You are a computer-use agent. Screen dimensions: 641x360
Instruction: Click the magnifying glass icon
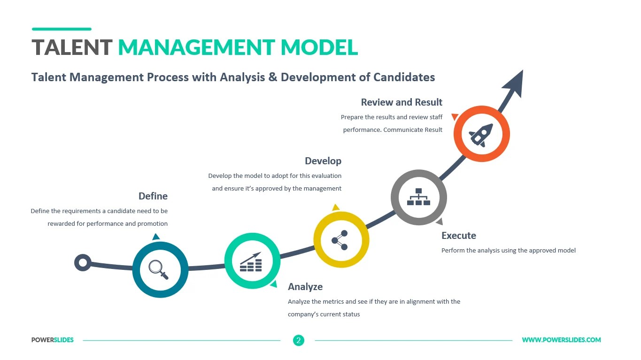point(158,269)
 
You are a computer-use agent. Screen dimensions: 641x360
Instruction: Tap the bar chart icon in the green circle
point(251,262)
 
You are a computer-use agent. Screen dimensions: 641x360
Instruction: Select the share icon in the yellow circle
point(340,240)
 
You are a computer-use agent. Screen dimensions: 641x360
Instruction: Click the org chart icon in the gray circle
point(418,197)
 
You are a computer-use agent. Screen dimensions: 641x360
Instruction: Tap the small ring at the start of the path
point(83,262)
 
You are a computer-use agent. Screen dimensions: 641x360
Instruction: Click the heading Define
point(153,196)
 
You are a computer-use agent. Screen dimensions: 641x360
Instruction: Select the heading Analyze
point(305,287)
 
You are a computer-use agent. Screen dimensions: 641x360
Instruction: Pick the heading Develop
point(323,161)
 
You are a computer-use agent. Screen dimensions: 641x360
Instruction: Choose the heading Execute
point(458,236)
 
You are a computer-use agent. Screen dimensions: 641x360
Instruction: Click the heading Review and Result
point(402,102)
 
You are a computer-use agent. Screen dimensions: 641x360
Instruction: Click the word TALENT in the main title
point(72,47)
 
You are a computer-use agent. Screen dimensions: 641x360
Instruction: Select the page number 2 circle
point(298,340)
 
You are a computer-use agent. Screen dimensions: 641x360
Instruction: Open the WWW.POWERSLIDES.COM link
point(561,340)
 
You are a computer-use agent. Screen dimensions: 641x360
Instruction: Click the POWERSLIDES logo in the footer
point(53,340)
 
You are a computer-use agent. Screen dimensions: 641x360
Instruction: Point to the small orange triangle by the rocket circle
point(454,116)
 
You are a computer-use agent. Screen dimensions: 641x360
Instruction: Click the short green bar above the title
point(61,29)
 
